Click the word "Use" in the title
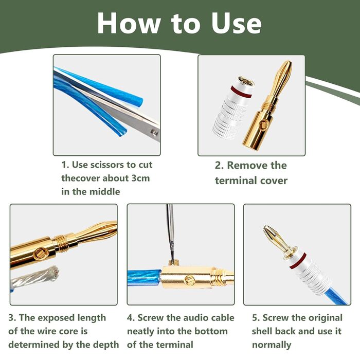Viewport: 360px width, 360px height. pyautogui.click(x=237, y=23)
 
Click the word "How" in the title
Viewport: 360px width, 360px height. pyautogui.click(x=129, y=23)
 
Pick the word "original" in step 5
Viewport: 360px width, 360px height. pyautogui.click(x=325, y=318)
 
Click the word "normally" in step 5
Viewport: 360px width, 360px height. pyautogui.click(x=272, y=345)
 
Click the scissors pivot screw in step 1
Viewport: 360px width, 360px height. pyautogui.click(x=155, y=133)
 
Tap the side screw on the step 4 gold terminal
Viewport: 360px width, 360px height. pyautogui.click(x=189, y=280)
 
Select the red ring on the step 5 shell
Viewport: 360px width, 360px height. pyautogui.click(x=298, y=261)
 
